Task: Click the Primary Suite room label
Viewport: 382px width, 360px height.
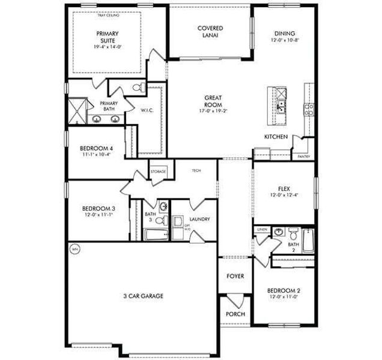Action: (x=106, y=37)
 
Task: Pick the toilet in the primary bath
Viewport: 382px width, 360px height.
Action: (x=137, y=89)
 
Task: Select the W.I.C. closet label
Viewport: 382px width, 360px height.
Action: (x=148, y=110)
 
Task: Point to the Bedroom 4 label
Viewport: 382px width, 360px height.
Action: (x=96, y=148)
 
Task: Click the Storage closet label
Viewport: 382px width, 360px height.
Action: (x=158, y=172)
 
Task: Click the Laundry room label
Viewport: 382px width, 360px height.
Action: (x=199, y=219)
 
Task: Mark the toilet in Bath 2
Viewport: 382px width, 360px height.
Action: (x=293, y=230)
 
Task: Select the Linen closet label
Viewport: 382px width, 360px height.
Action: (x=261, y=229)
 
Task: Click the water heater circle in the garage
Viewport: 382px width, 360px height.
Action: (x=75, y=248)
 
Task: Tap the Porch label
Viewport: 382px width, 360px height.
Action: (x=234, y=314)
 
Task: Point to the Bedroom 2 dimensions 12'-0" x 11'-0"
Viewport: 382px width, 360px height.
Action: (x=283, y=298)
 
